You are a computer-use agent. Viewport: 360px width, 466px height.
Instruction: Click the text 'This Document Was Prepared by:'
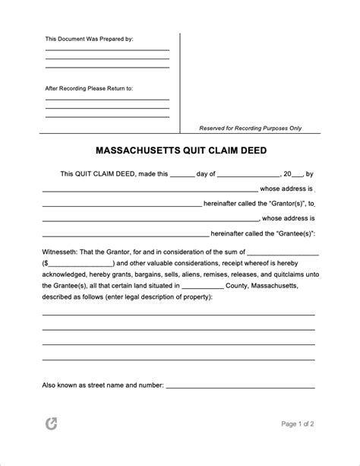[90, 39]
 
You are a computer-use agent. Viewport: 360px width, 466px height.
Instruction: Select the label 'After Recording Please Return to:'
[89, 88]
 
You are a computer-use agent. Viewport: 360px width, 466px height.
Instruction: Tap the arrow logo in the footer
[52, 445]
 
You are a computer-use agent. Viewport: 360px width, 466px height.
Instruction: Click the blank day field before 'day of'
[182, 174]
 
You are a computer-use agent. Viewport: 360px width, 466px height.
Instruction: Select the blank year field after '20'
[298, 174]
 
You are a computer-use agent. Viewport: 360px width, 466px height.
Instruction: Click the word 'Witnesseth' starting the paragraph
[60, 252]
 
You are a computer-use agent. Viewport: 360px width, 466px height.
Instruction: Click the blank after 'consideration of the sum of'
[283, 252]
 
